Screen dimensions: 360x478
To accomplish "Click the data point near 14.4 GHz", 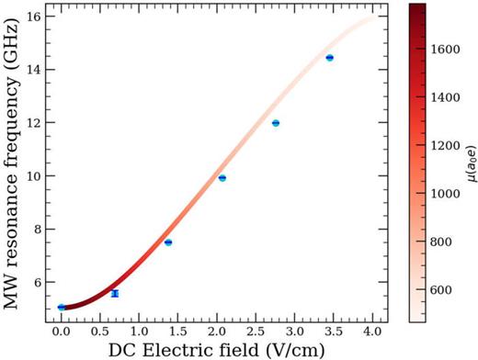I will tap(329, 58).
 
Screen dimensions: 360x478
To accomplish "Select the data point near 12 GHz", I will tap(276, 123).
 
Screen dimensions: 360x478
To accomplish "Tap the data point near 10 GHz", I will tap(222, 177).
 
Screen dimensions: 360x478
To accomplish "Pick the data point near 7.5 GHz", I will tap(168, 242).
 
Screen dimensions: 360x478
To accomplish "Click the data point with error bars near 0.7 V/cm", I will tap(115, 293).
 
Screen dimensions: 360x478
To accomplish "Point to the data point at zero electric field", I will tap(62, 307).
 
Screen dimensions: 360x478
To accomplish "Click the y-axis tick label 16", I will tap(32, 17).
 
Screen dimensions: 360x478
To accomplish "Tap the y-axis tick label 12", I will tap(32, 123).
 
